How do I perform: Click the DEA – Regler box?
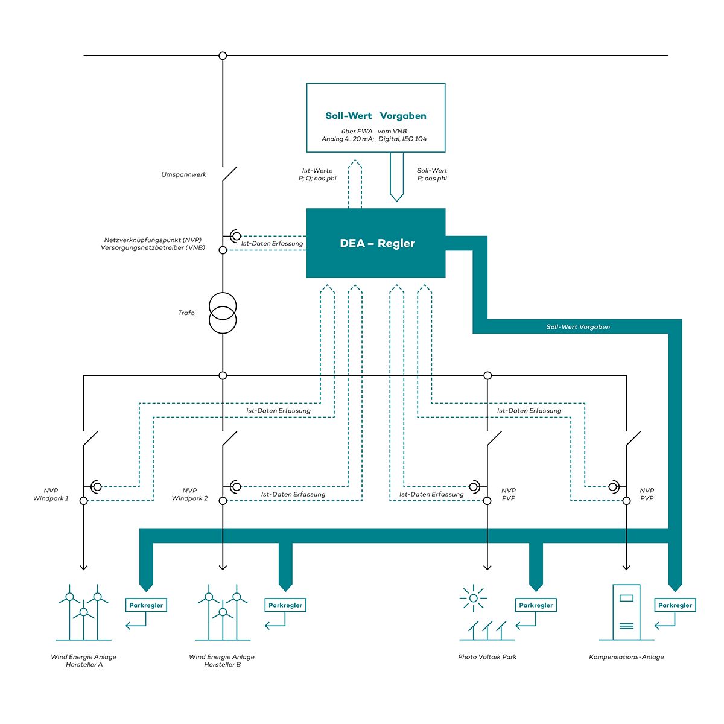376,243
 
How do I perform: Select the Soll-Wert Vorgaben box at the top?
376,118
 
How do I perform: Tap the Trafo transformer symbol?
223,313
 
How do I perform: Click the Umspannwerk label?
183,175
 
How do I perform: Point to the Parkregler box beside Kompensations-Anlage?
675,605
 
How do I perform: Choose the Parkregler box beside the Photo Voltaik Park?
536,605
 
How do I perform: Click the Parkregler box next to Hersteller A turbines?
146,605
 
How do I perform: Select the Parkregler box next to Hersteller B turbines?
285,605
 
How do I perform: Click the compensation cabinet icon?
626,612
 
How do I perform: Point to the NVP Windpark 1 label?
51,495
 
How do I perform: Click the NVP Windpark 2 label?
189,495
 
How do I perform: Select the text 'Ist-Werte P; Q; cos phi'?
317,175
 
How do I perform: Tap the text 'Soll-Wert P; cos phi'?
432,175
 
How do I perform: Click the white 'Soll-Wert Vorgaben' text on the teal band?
578,327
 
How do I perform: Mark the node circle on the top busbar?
223,56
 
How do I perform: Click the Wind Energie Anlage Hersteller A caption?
84,661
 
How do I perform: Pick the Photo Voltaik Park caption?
487,657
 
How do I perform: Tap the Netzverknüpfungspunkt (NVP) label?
153,244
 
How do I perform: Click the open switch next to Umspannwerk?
229,174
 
